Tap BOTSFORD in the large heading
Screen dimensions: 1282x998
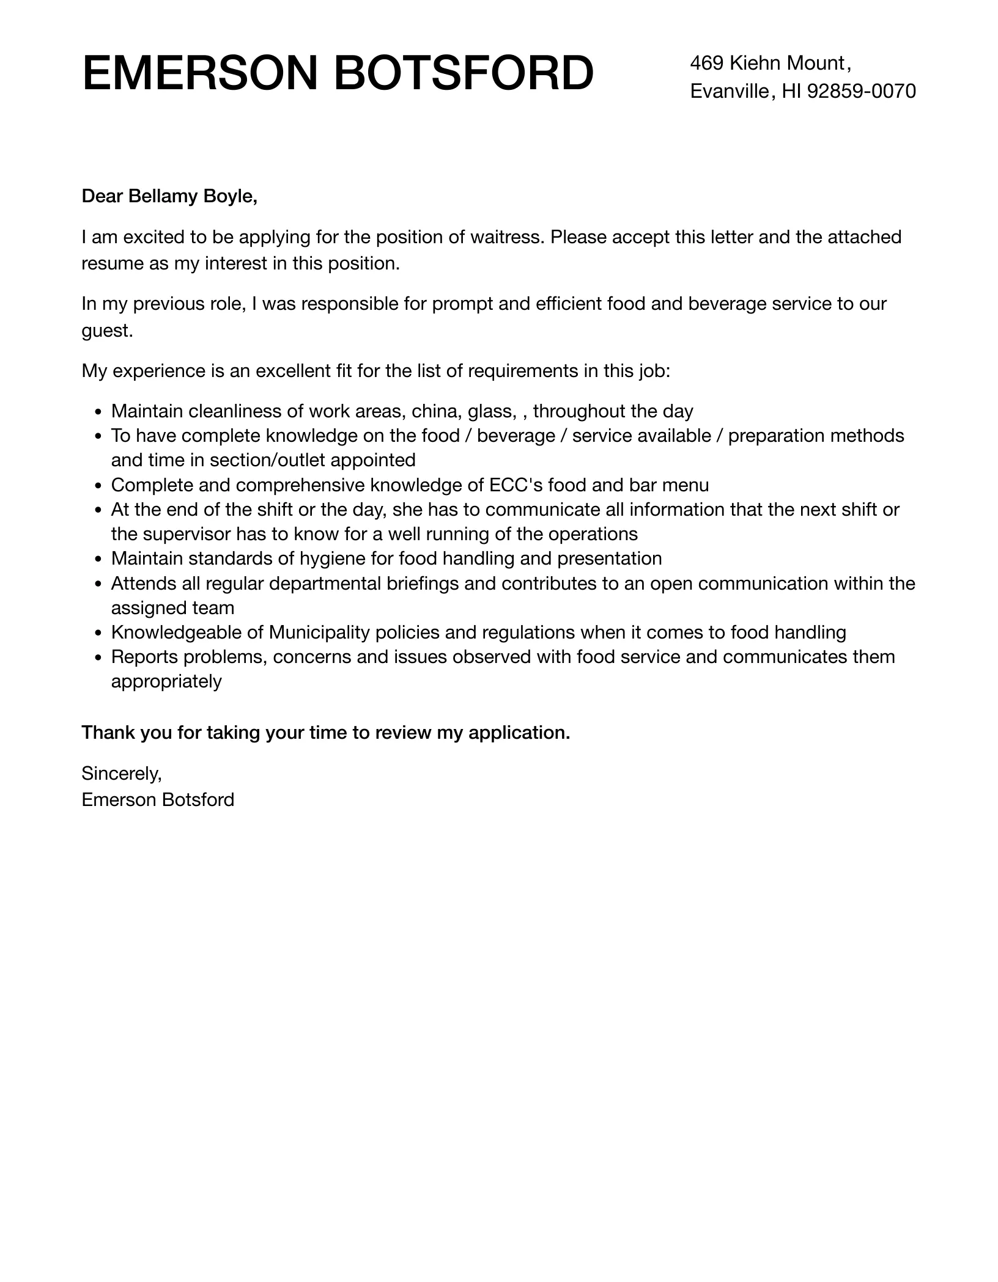pyautogui.click(x=464, y=74)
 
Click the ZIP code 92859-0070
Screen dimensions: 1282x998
pyautogui.click(x=861, y=91)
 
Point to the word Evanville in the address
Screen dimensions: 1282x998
pyautogui.click(x=729, y=91)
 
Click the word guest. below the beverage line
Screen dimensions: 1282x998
pyautogui.click(x=107, y=331)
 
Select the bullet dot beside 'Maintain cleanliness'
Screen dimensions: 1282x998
pyautogui.click(x=99, y=412)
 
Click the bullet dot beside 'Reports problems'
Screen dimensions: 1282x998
pyautogui.click(x=99, y=658)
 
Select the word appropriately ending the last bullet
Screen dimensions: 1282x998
pyautogui.click(x=166, y=681)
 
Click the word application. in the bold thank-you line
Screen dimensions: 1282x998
pyautogui.click(x=519, y=733)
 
